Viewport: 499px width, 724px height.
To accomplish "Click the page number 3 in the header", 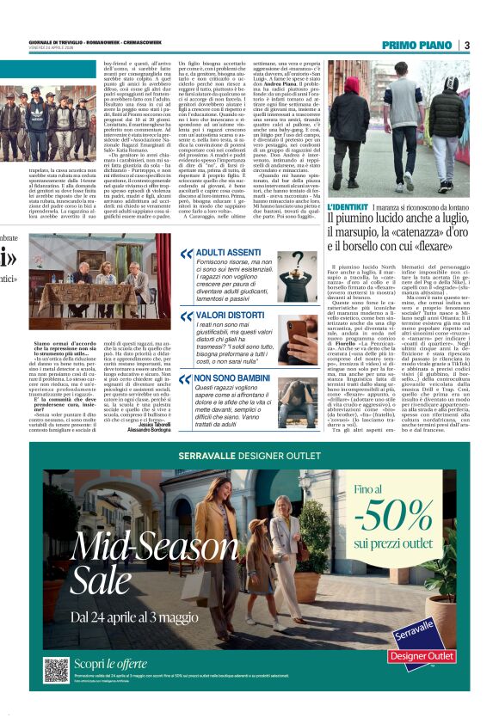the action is tap(466, 45).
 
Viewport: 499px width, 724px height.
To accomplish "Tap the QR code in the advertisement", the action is tap(56, 670).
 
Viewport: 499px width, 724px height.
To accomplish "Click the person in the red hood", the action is tap(351, 121).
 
